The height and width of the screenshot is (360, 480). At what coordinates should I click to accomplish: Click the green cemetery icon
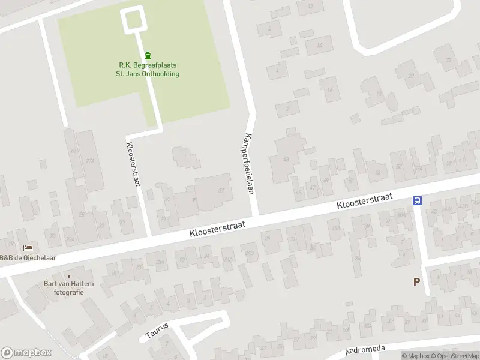(x=148, y=55)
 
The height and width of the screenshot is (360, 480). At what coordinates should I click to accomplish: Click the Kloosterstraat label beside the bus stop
(x=364, y=201)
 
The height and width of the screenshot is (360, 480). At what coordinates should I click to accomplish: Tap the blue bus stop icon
(x=417, y=200)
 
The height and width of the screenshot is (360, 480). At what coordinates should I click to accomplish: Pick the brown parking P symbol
(x=416, y=281)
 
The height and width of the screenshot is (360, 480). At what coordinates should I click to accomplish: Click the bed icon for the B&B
(x=28, y=248)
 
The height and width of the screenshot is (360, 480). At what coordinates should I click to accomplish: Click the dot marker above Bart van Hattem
(x=68, y=276)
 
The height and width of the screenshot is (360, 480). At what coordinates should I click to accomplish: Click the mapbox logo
(x=26, y=353)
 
